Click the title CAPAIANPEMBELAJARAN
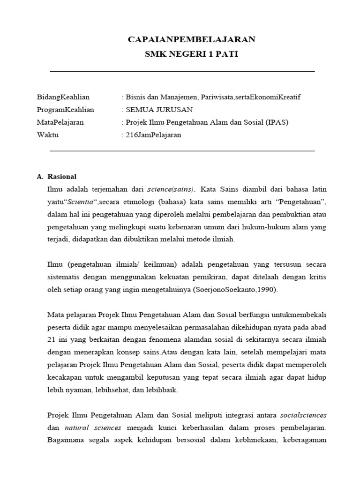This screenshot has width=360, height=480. (191, 39)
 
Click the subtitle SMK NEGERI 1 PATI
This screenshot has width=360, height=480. (191, 54)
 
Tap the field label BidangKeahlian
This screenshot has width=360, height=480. (63, 97)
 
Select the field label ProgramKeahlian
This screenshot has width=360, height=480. (66, 110)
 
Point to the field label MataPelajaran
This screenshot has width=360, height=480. (60, 122)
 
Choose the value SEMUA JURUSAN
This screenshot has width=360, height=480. (150, 110)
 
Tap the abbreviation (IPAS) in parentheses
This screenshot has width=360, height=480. (276, 122)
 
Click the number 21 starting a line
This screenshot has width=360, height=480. (52, 339)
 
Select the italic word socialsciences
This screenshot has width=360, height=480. (303, 415)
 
